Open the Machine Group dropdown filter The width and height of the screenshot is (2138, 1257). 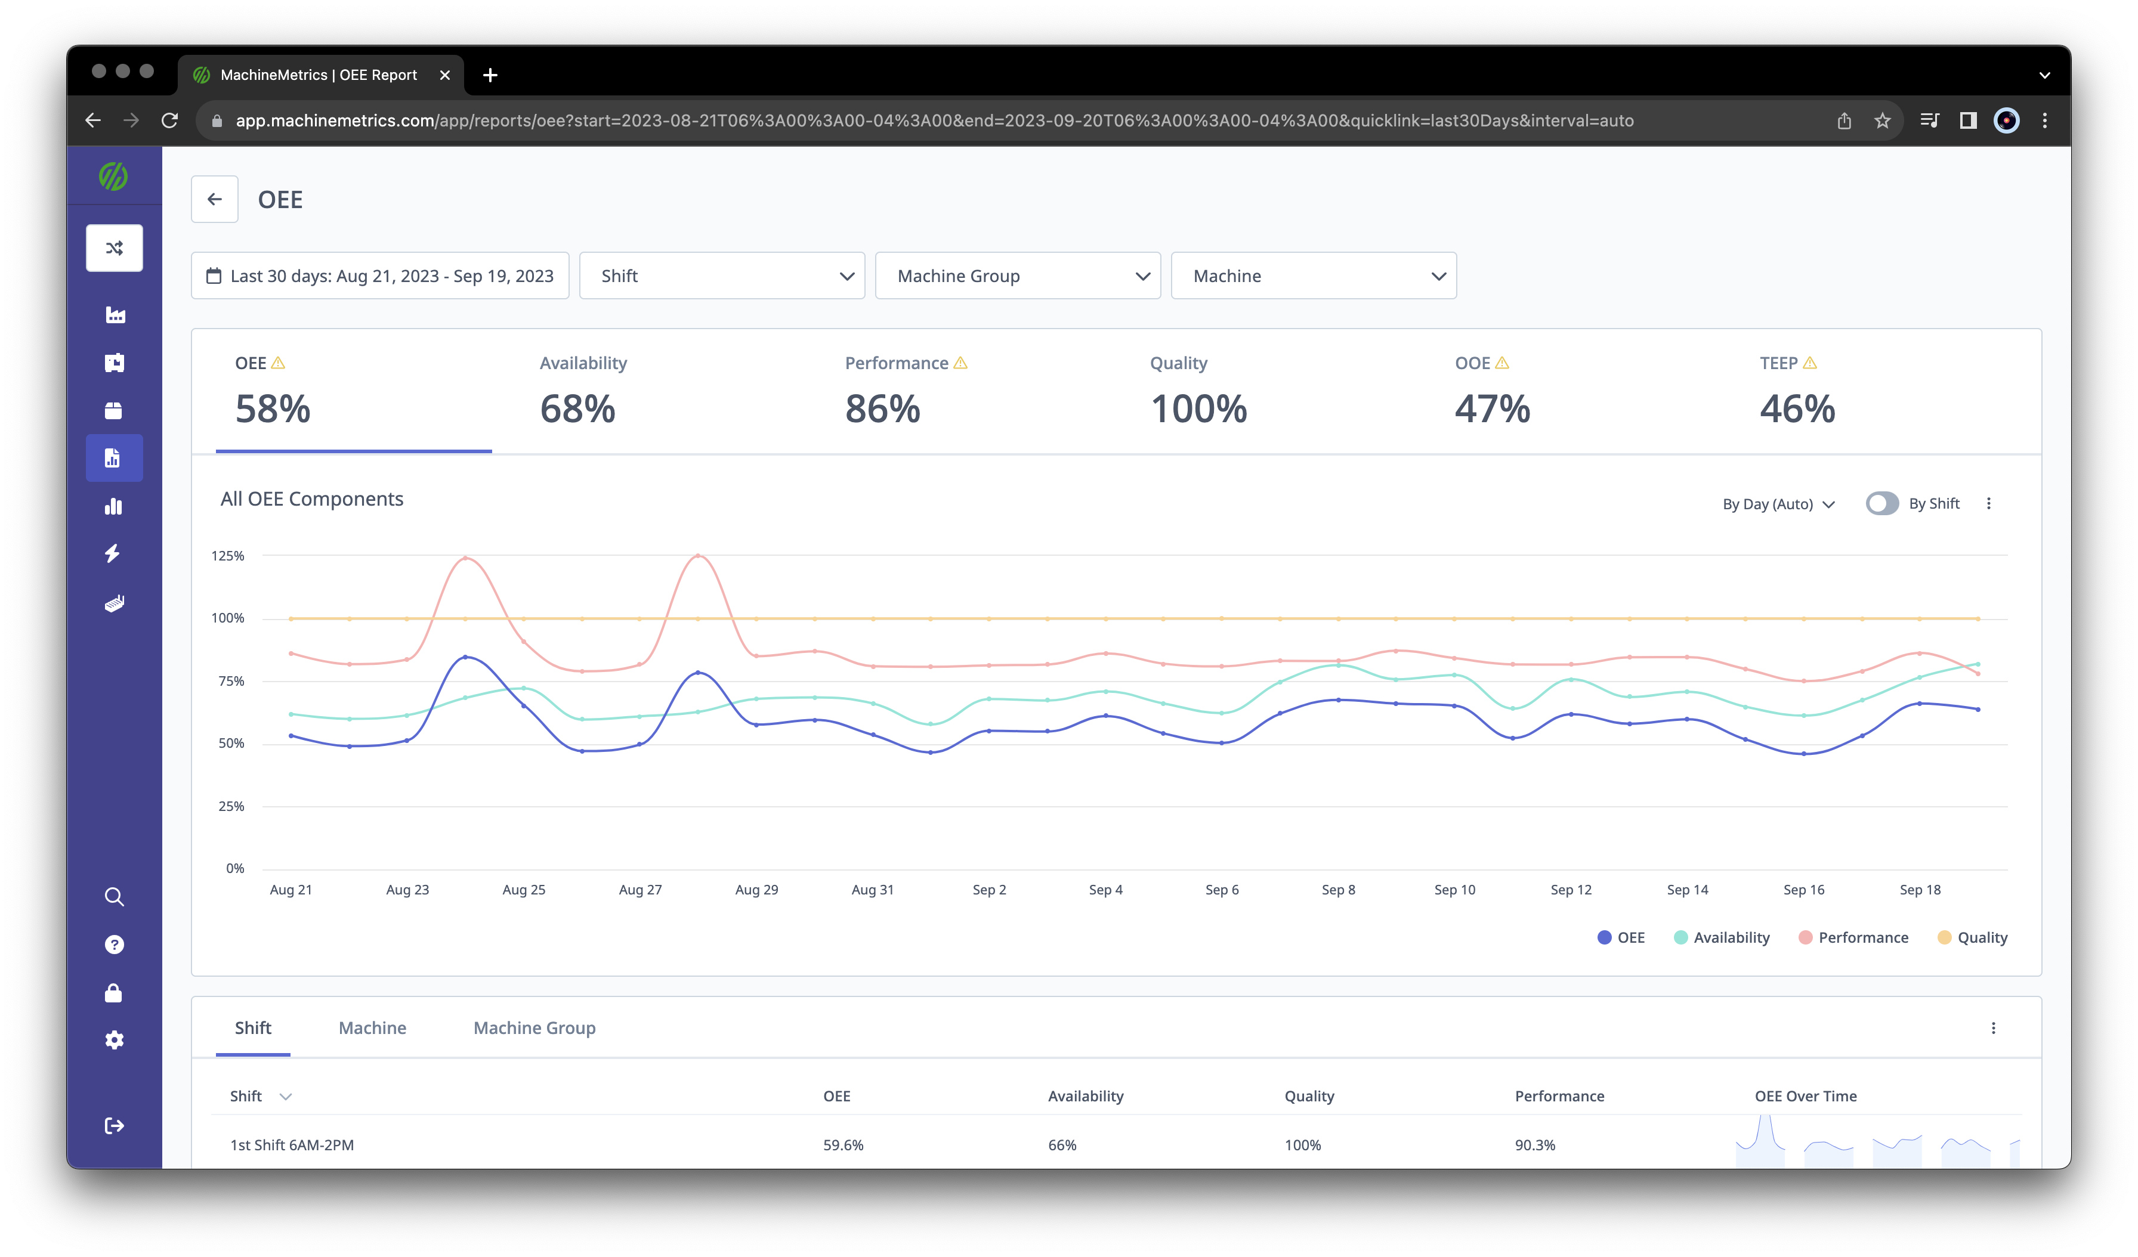pyautogui.click(x=1017, y=275)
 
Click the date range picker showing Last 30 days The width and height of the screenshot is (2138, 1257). pyautogui.click(x=380, y=275)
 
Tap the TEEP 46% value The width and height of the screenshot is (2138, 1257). pyautogui.click(x=1797, y=409)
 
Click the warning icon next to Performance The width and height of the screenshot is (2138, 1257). pyautogui.click(x=960, y=363)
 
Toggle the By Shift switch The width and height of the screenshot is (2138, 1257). pyautogui.click(x=1881, y=504)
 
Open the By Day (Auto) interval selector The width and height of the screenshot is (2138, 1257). pyautogui.click(x=1778, y=504)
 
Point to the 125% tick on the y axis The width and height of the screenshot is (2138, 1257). pyautogui.click(x=227, y=556)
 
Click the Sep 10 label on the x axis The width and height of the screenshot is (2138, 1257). pyautogui.click(x=1454, y=890)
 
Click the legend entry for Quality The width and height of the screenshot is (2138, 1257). pyautogui.click(x=1973, y=937)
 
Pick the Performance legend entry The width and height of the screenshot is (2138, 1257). pyautogui.click(x=1854, y=937)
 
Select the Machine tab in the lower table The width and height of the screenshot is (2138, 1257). pyautogui.click(x=372, y=1028)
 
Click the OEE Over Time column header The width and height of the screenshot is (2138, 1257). pyautogui.click(x=1805, y=1096)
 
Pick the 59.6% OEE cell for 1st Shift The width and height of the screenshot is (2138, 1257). pyautogui.click(x=844, y=1145)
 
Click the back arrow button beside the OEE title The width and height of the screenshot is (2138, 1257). pyautogui.click(x=215, y=199)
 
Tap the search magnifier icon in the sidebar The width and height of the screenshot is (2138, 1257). pyautogui.click(x=115, y=896)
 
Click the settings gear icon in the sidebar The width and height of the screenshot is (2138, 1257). pyautogui.click(x=115, y=1040)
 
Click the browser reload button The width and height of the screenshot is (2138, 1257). pyautogui.click(x=169, y=120)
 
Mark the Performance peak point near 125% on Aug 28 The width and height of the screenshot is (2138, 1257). pyautogui.click(x=698, y=556)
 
